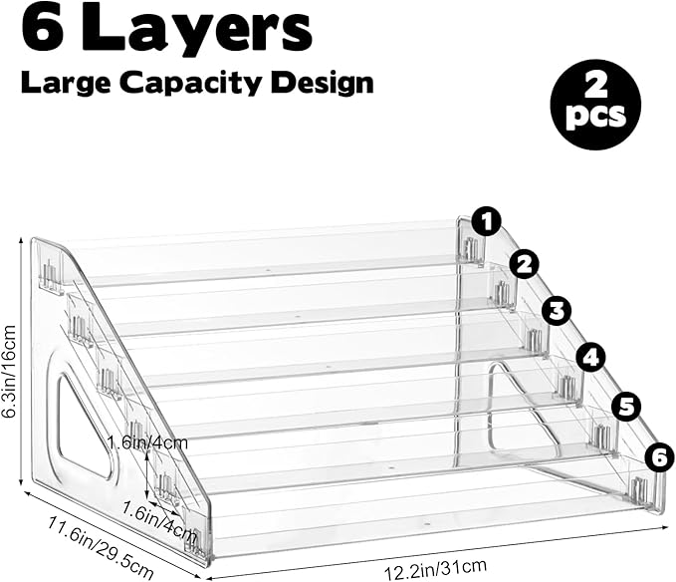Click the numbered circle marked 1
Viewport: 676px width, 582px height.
click(486, 222)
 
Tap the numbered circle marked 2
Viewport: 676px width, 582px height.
click(525, 265)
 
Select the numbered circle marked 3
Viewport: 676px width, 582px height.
click(557, 311)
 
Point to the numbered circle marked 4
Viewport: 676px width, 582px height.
click(591, 357)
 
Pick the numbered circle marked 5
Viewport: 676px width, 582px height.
click(627, 407)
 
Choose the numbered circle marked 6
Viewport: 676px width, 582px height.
click(660, 458)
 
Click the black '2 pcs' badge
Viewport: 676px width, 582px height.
click(595, 105)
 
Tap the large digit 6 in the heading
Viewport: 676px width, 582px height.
click(44, 29)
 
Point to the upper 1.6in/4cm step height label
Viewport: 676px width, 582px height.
click(148, 442)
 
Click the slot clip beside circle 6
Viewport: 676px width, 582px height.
click(640, 490)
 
